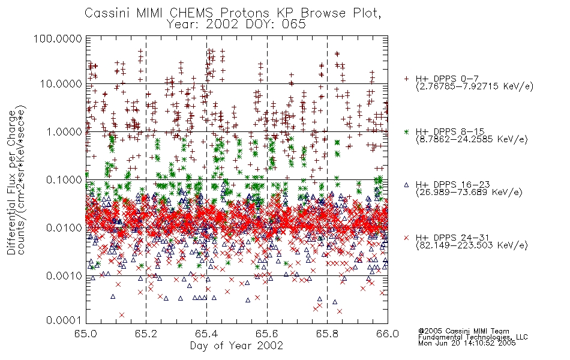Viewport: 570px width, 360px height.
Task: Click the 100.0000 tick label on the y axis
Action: click(x=58, y=38)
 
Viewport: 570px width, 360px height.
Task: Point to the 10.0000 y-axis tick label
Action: click(x=61, y=84)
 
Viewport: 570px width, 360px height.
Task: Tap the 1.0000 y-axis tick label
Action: click(x=64, y=131)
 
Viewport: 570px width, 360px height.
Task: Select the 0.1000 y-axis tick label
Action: click(x=64, y=179)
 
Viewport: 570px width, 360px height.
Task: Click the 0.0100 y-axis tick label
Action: click(x=64, y=228)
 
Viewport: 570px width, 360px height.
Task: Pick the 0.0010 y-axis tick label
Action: click(x=64, y=276)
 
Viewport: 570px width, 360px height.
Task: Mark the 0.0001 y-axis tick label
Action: click(x=64, y=320)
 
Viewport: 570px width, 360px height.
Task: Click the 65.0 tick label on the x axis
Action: click(x=86, y=334)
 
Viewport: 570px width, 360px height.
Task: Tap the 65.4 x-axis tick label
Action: click(x=206, y=334)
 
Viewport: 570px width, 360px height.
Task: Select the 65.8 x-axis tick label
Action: click(x=327, y=334)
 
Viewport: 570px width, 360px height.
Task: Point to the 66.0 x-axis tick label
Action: click(x=388, y=334)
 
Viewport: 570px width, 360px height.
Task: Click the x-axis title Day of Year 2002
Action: click(x=236, y=346)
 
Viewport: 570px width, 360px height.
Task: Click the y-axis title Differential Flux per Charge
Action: click(x=11, y=183)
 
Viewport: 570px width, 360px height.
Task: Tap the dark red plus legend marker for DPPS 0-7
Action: click(x=406, y=79)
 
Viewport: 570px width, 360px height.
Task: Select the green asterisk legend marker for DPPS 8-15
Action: click(x=406, y=131)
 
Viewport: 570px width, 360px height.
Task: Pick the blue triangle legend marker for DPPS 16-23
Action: click(x=406, y=185)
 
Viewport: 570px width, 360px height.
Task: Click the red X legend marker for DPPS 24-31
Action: click(x=406, y=238)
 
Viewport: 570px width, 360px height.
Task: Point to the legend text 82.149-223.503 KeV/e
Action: click(x=472, y=245)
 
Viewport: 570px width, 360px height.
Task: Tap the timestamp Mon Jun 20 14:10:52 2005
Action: click(x=467, y=343)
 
